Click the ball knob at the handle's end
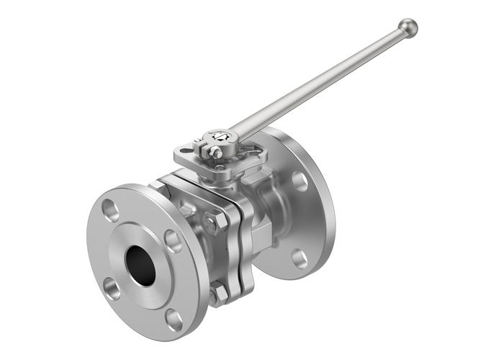408,27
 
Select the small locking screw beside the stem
214,151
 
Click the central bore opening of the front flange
141,264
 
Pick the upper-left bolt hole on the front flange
110,210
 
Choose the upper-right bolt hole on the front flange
173,240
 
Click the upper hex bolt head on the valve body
212,222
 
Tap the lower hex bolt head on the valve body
218,293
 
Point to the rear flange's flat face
310,216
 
